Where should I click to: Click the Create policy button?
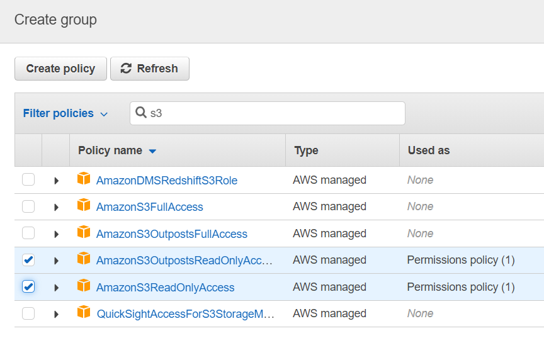pyautogui.click(x=60, y=69)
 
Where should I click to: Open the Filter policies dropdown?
pyautogui.click(x=65, y=113)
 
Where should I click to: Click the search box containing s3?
pyautogui.click(x=268, y=113)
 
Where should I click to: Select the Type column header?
pyautogui.click(x=306, y=150)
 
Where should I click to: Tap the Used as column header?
pyautogui.click(x=429, y=150)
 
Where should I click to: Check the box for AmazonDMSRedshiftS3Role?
pyautogui.click(x=28, y=180)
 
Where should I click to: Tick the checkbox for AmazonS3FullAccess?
pyautogui.click(x=28, y=206)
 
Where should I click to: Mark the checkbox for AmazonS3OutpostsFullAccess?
pyautogui.click(x=28, y=233)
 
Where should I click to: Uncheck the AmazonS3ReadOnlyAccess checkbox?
pyautogui.click(x=28, y=287)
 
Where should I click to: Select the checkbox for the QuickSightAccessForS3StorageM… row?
pyautogui.click(x=28, y=313)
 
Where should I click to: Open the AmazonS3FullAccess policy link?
pyautogui.click(x=149, y=207)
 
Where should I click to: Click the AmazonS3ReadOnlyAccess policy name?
pyautogui.click(x=165, y=288)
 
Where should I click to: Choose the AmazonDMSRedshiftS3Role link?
pyautogui.click(x=166, y=181)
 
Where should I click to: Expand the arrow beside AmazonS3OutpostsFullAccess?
pyautogui.click(x=56, y=234)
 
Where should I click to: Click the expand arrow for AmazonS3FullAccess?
pyautogui.click(x=56, y=207)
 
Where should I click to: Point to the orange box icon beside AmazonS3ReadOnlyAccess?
pyautogui.click(x=84, y=286)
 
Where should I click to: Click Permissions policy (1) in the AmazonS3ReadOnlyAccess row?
pyautogui.click(x=460, y=287)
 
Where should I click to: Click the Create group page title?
pyautogui.click(x=55, y=20)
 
